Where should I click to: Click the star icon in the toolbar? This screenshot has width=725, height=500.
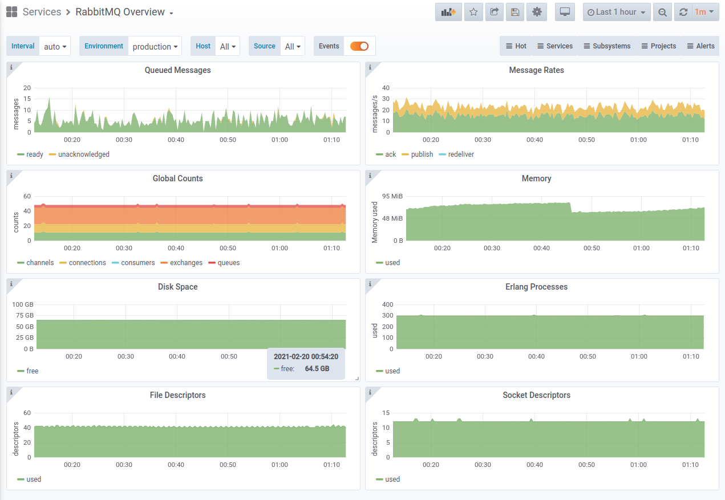[x=473, y=13]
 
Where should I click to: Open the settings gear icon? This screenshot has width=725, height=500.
[x=537, y=13]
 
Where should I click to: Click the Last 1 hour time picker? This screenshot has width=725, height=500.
[x=617, y=13]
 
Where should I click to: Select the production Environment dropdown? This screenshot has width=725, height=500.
[x=155, y=46]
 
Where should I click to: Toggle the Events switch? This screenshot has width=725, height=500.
[x=359, y=46]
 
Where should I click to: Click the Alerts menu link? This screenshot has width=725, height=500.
[x=700, y=46]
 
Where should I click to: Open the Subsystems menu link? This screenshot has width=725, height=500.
[x=607, y=46]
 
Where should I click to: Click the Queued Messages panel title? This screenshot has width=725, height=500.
[x=178, y=70]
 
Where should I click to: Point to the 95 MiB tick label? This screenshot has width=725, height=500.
[x=392, y=196]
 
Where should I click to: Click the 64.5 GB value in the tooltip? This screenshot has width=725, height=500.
[x=317, y=369]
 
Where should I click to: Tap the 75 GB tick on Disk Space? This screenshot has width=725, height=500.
[x=25, y=315]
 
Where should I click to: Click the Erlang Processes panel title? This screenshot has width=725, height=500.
[x=536, y=287]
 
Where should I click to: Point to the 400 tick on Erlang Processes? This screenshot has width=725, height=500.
[x=387, y=304]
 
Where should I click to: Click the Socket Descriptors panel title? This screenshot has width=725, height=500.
[x=536, y=395]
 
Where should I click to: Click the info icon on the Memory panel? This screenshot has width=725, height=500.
[x=370, y=176]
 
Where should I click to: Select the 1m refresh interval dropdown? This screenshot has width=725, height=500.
[x=704, y=13]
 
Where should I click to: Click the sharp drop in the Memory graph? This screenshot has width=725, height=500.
[x=570, y=208]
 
